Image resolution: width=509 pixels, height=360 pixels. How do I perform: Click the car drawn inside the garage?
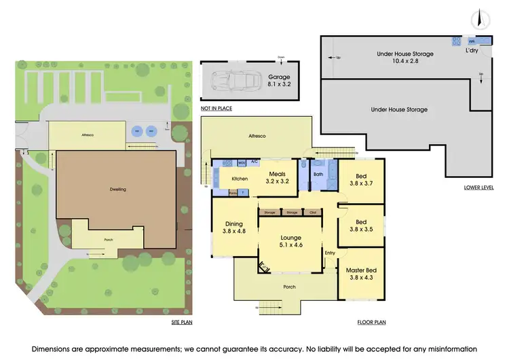(x=230, y=83)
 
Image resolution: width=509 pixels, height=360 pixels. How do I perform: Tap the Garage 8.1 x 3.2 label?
(x=279, y=82)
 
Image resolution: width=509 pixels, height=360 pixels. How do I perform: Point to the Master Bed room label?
(x=360, y=274)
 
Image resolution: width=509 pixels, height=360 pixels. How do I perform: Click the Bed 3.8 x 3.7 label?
(x=361, y=178)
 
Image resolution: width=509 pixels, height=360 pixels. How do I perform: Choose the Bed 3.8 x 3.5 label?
(x=361, y=226)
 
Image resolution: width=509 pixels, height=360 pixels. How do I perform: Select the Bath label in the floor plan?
(x=318, y=174)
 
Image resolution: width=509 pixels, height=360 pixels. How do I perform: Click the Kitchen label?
(x=240, y=179)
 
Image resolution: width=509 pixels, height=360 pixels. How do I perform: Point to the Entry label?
(x=331, y=253)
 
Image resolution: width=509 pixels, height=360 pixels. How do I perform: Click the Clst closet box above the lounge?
(x=313, y=212)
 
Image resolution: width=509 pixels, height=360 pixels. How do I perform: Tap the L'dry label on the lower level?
(x=472, y=51)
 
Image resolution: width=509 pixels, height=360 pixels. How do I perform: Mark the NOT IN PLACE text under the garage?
(x=215, y=109)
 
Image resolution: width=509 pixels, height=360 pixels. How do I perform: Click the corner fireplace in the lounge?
(x=262, y=267)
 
